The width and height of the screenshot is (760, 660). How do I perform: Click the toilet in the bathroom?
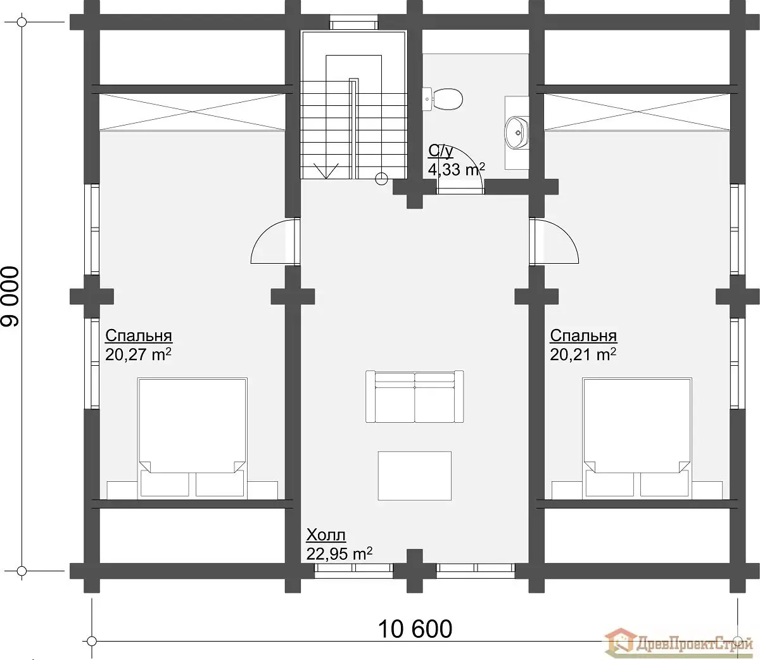tap(443, 100)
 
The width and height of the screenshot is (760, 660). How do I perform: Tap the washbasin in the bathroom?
tap(517, 132)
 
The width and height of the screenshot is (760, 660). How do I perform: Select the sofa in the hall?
tap(415, 396)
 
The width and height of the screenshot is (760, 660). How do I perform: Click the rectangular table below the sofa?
tap(415, 476)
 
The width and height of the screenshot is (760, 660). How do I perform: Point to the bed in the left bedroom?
tap(192, 438)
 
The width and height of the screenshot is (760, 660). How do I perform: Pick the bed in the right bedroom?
tap(637, 438)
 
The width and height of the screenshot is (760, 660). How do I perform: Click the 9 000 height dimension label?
tap(10, 297)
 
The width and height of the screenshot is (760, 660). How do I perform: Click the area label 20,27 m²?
tap(138, 354)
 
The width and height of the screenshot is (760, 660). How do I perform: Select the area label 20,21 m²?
tap(583, 354)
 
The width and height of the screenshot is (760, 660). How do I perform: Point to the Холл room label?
tap(326, 536)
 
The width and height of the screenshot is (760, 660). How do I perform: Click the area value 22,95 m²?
tap(339, 554)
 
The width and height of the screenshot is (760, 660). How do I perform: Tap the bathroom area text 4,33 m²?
tap(456, 169)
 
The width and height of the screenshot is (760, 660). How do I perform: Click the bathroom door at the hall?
tap(460, 191)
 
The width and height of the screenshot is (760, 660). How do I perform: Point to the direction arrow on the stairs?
tap(326, 171)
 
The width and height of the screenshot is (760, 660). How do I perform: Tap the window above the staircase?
tap(354, 22)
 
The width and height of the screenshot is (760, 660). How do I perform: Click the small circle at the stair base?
tap(381, 179)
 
